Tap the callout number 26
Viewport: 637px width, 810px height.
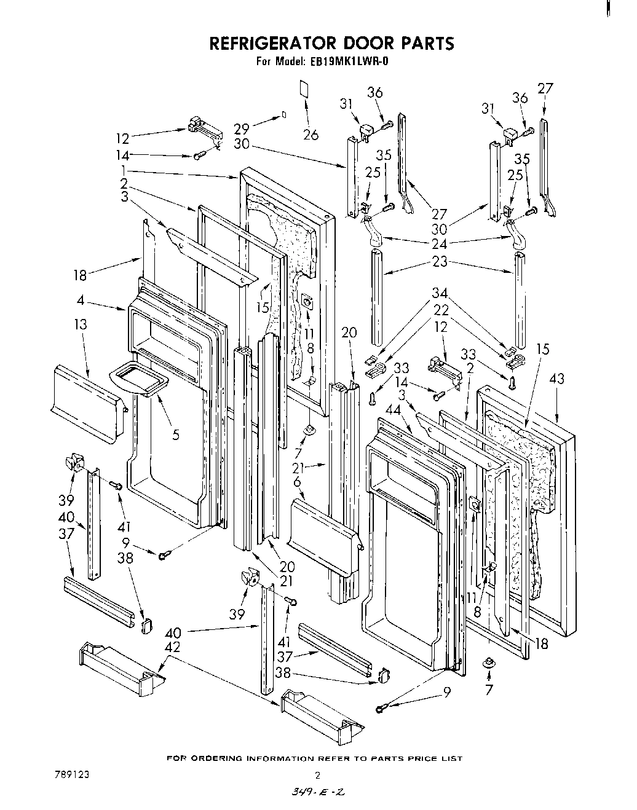pos(311,134)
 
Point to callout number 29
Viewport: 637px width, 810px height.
pos(241,129)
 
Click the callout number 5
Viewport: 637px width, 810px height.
pos(176,435)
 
